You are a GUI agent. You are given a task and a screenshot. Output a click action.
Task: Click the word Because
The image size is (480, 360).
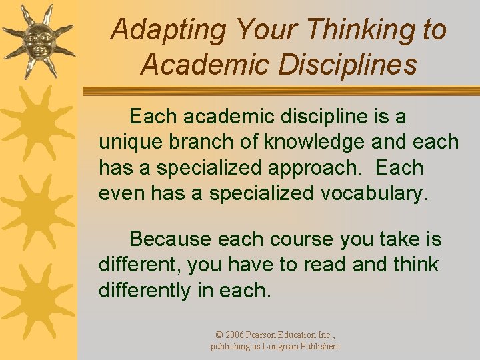(x=171, y=239)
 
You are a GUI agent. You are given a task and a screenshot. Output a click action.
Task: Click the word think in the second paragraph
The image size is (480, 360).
(x=414, y=265)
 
